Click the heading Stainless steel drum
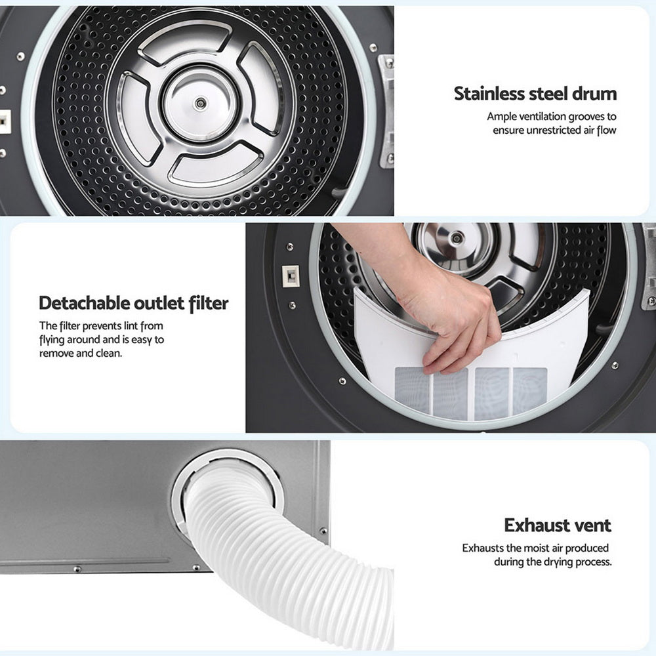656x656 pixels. [x=535, y=94]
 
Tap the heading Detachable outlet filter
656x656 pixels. [x=133, y=303]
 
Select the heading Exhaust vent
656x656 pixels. [x=557, y=525]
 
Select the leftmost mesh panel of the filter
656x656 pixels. [x=413, y=390]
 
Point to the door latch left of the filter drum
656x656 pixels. [x=289, y=276]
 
